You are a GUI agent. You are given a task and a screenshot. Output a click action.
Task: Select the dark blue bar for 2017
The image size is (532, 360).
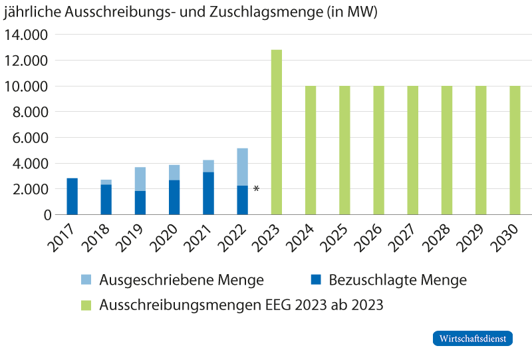pyautogui.click(x=72, y=196)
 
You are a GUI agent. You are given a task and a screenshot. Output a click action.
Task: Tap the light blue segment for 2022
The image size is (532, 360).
pyautogui.click(x=242, y=166)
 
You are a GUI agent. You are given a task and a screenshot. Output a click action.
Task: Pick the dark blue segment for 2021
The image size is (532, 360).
pyautogui.click(x=208, y=194)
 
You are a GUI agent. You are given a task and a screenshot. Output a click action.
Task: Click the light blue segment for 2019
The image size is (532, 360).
pyautogui.click(x=140, y=179)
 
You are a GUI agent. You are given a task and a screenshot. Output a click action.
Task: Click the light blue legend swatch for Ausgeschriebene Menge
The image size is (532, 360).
pyautogui.click(x=86, y=280)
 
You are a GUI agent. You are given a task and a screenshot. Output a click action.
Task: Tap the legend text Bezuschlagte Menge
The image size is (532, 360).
pyautogui.click(x=398, y=280)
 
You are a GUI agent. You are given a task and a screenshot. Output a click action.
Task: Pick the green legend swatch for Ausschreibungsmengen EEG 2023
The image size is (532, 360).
pyautogui.click(x=86, y=305)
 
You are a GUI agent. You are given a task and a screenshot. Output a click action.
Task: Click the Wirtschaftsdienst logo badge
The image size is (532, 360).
pyautogui.click(x=473, y=338)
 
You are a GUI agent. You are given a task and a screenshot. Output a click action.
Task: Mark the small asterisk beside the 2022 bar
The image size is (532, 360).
pyautogui.click(x=256, y=188)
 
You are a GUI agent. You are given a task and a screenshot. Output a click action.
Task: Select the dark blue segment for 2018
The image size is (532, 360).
pyautogui.click(x=106, y=200)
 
